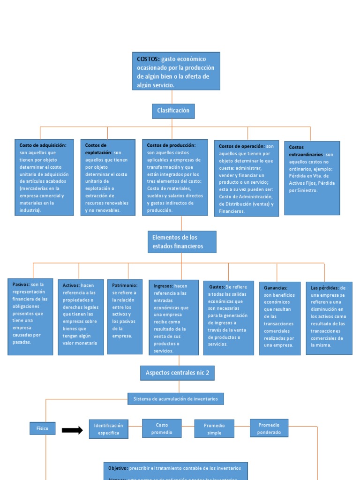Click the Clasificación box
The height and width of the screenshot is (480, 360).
173,111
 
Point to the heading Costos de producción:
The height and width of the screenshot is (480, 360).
171,145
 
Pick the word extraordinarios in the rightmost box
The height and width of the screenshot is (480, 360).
306,154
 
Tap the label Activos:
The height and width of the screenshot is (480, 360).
71,285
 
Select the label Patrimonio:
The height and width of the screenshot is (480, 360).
125,285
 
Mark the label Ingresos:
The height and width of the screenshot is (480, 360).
163,286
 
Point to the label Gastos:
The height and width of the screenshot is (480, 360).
217,286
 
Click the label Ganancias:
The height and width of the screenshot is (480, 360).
276,288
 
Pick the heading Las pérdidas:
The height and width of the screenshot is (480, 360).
325,288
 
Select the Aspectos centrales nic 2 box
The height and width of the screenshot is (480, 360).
177,373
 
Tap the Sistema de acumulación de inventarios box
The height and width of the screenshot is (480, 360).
176,399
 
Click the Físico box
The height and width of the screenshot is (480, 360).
43,428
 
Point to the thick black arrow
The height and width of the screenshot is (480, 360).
72,430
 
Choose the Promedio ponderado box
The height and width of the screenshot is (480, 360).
269,428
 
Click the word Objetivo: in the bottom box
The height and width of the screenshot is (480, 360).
118,468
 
